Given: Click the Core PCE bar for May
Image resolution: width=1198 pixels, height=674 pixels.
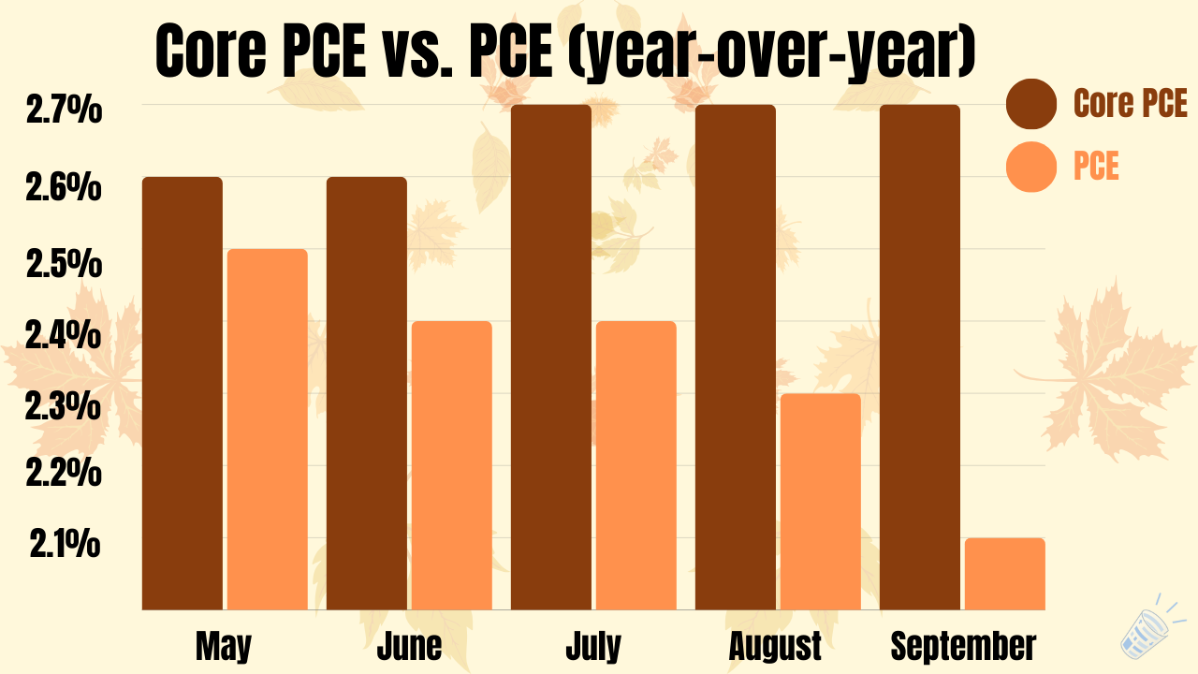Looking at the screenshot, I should [x=183, y=393].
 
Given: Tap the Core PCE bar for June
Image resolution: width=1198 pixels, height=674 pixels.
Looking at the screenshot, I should [x=367, y=393].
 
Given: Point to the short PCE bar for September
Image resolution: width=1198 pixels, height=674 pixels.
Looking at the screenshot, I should [x=1004, y=573].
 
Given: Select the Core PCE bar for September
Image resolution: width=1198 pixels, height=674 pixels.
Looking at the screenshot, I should [x=920, y=357].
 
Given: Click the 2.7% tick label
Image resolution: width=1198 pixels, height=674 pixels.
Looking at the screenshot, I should [x=63, y=112].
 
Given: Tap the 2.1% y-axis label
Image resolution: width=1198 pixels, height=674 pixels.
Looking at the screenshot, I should [x=65, y=544].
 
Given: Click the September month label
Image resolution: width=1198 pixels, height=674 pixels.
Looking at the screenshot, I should [x=963, y=646].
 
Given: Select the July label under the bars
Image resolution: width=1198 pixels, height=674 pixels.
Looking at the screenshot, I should [x=592, y=646].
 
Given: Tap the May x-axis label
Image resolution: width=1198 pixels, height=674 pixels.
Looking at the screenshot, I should [x=224, y=646].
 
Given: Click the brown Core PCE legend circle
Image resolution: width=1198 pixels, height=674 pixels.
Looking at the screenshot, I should [x=1031, y=103].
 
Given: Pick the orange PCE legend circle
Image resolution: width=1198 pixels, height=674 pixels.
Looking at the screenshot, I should [x=1031, y=167].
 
